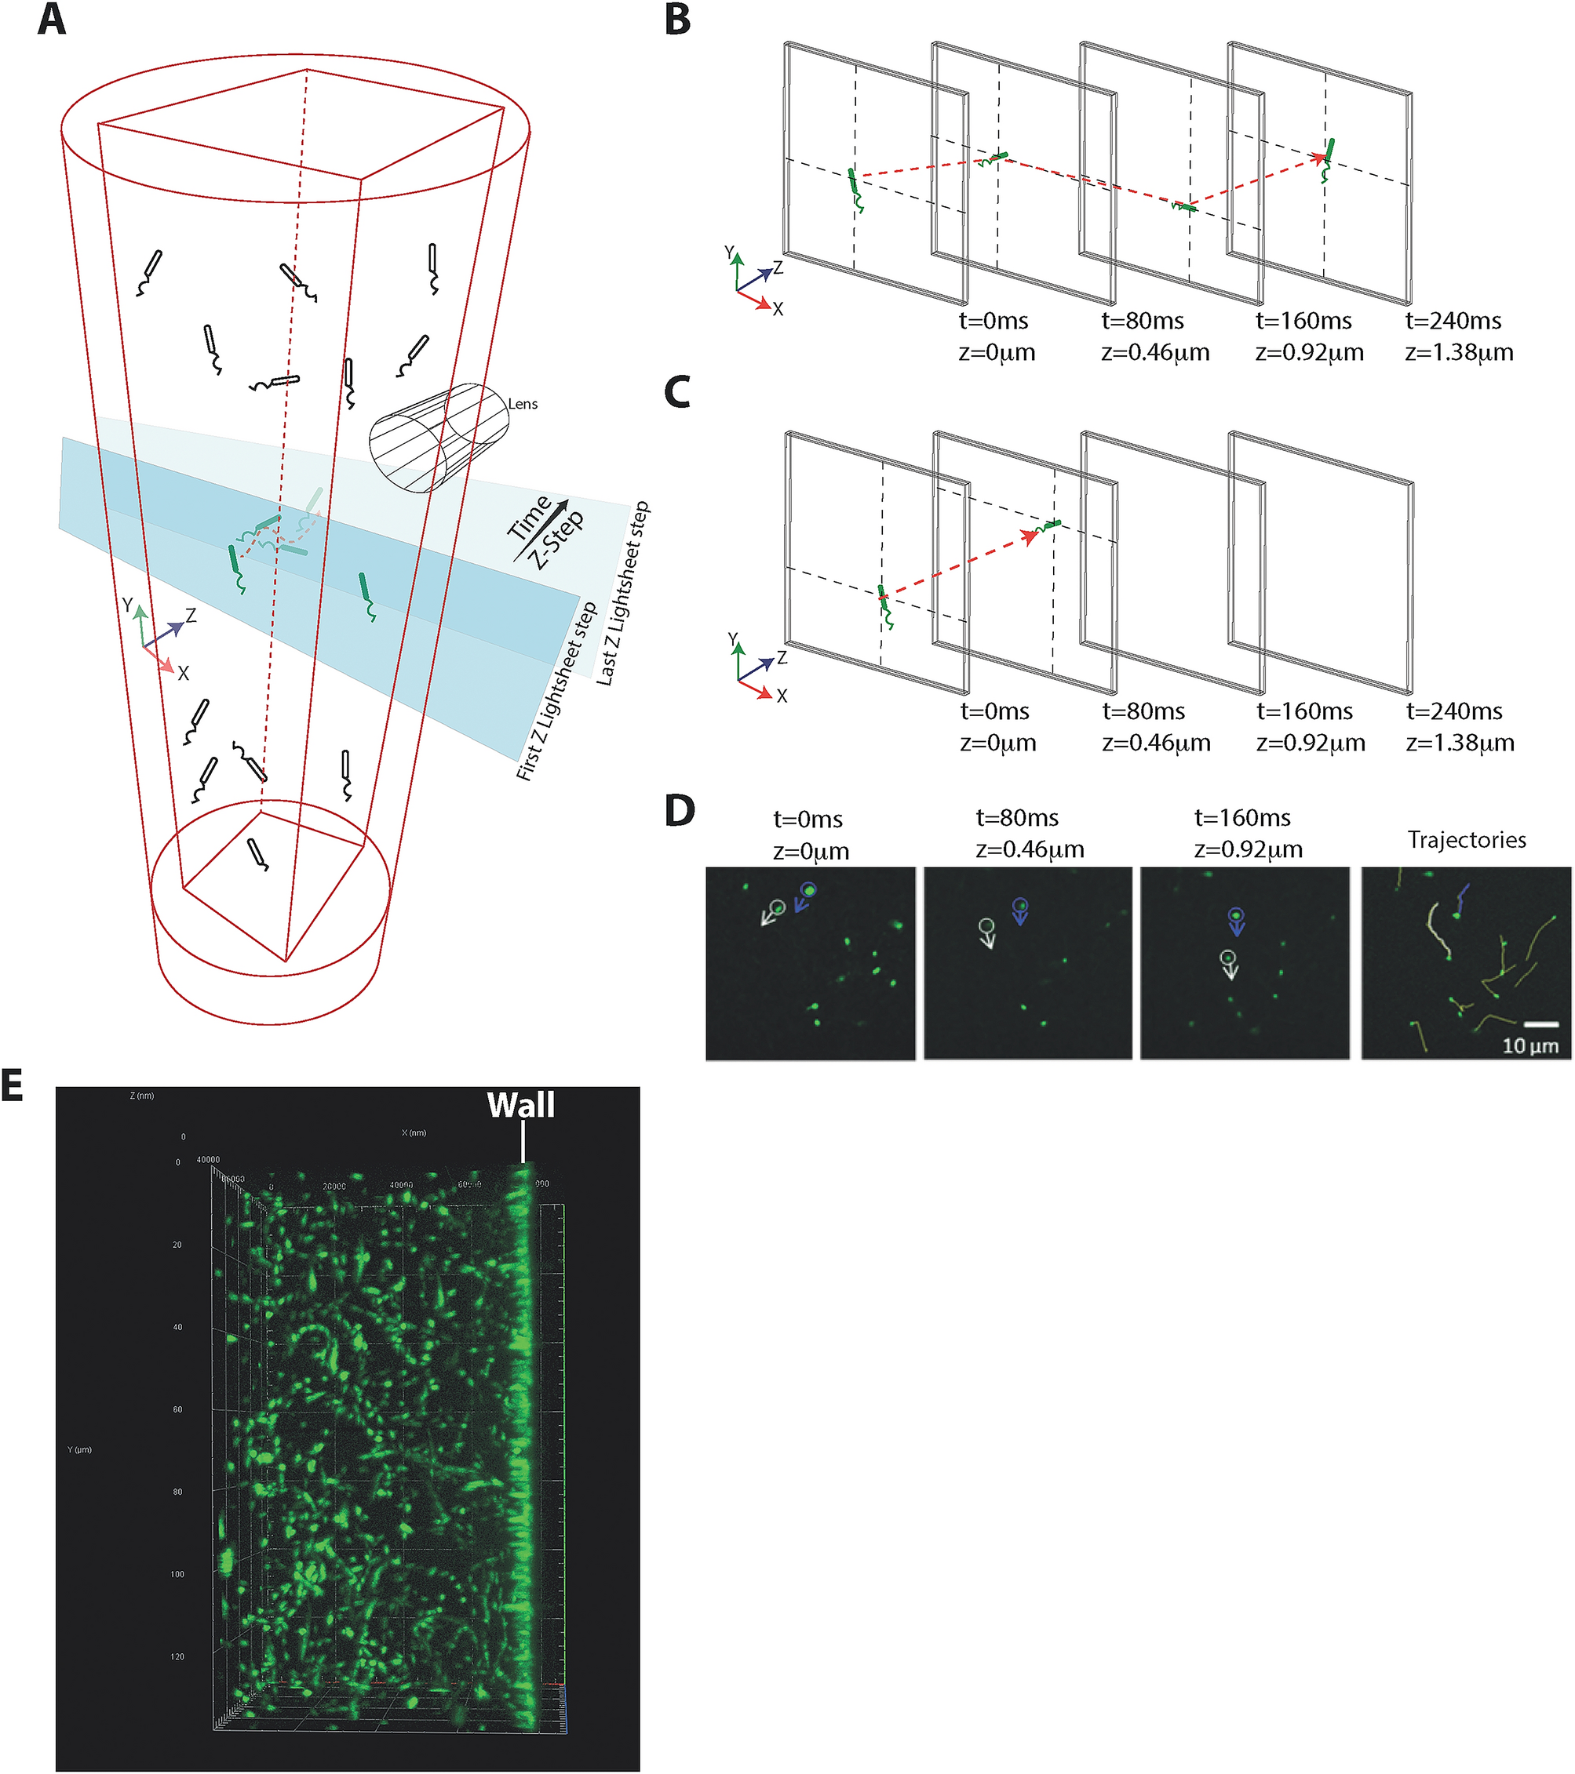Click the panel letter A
click(x=51, y=19)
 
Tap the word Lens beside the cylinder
click(x=523, y=404)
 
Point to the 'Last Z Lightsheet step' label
click(x=622, y=594)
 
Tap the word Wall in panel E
click(x=520, y=1105)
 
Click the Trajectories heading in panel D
click(x=1467, y=839)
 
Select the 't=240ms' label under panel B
click(x=1453, y=321)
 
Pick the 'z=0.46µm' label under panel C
click(x=1157, y=743)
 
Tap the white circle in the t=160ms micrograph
click(x=1227, y=958)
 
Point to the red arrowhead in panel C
click(x=1030, y=536)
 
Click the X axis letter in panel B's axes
click(x=778, y=309)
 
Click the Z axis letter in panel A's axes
click(x=191, y=616)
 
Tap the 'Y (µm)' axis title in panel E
click(x=79, y=1450)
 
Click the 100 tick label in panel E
click(x=177, y=1573)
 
